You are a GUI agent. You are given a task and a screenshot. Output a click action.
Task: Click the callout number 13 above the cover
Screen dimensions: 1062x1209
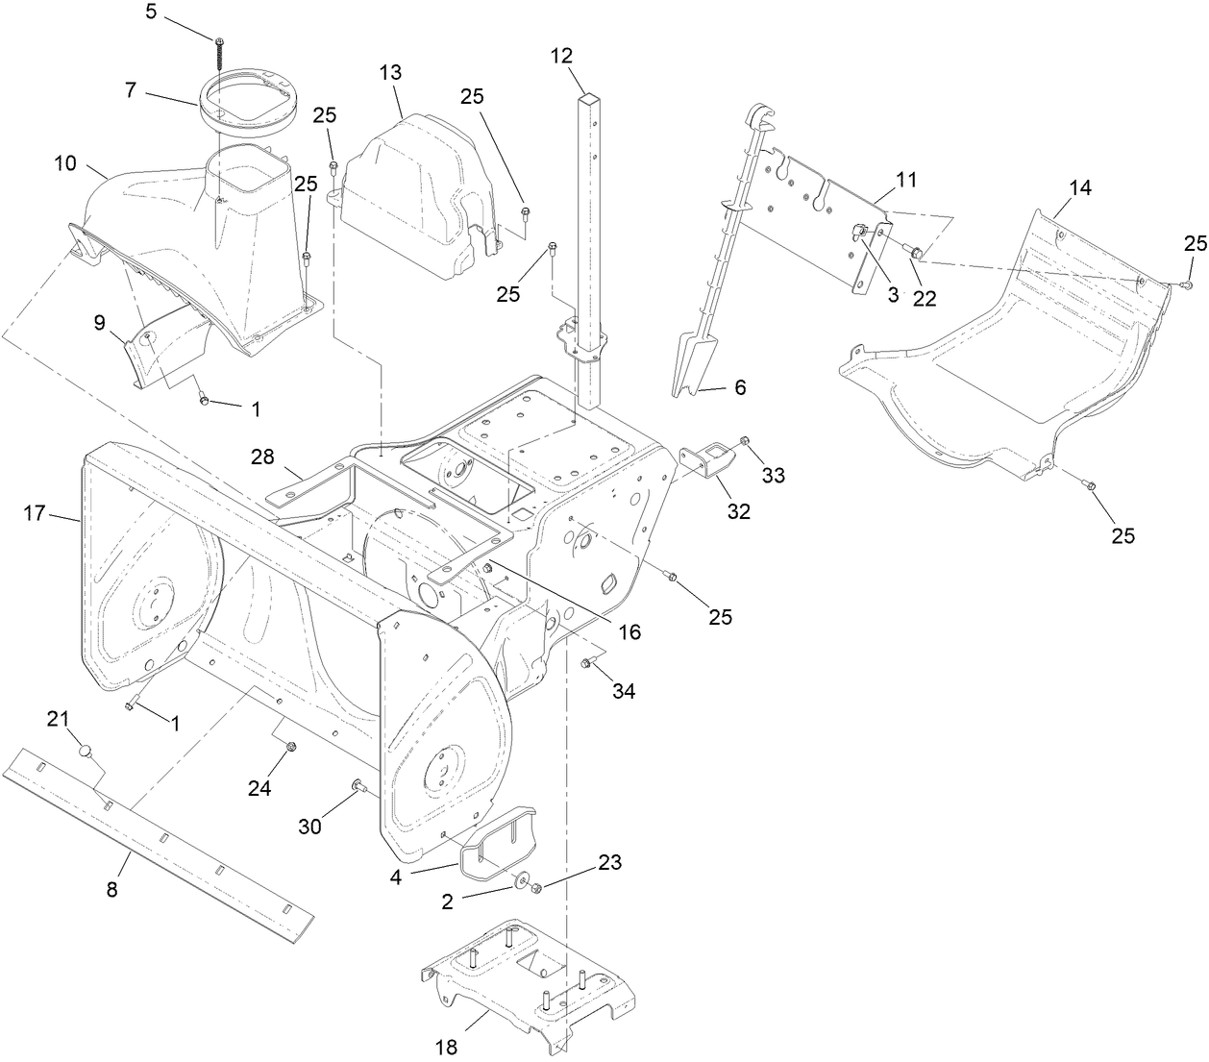(390, 73)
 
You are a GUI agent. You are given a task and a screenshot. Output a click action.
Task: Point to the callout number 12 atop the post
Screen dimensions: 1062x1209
(561, 56)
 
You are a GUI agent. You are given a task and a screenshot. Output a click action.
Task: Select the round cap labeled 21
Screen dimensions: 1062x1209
(85, 750)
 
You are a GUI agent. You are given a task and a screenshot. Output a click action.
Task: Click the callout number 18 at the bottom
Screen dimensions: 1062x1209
(448, 1046)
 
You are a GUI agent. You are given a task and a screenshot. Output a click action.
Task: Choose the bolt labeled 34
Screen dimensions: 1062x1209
(585, 662)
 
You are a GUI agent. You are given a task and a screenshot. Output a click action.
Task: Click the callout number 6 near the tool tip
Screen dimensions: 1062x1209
(739, 387)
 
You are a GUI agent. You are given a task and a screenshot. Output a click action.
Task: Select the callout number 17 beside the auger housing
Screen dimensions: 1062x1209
(35, 514)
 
